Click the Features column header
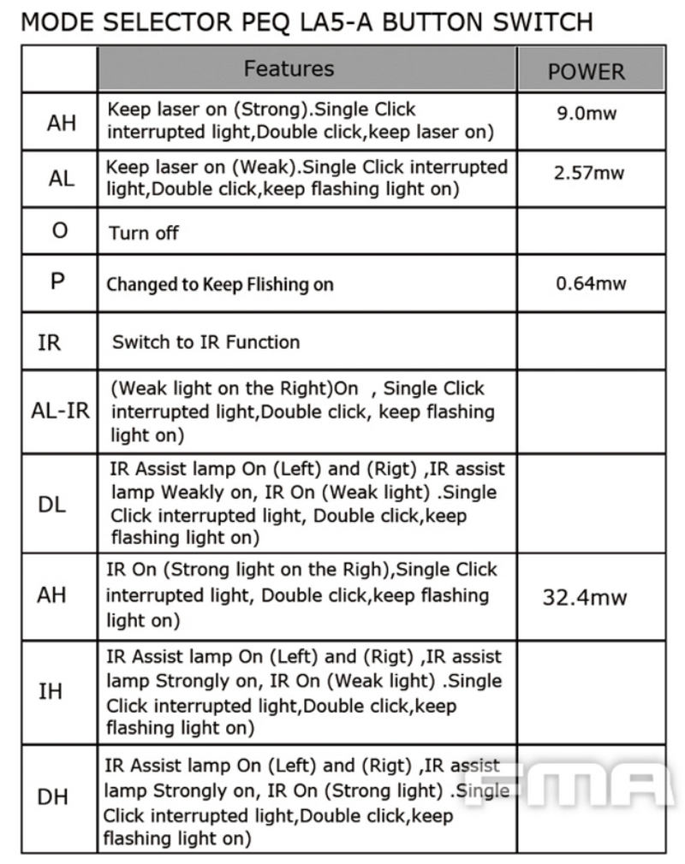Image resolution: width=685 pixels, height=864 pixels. (x=289, y=68)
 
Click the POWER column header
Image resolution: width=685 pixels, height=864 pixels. (x=587, y=72)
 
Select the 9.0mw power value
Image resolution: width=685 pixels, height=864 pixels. (x=587, y=113)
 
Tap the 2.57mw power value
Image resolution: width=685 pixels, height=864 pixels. (x=589, y=173)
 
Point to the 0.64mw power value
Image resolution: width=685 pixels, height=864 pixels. (x=591, y=283)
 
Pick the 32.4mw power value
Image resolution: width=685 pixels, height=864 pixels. (x=585, y=597)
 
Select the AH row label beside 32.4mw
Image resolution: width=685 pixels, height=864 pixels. (x=52, y=595)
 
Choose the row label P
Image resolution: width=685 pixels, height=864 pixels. (x=58, y=281)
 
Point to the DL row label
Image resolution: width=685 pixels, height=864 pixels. (x=52, y=504)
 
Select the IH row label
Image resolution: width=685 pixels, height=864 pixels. (x=51, y=691)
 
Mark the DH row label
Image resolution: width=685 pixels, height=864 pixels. (x=52, y=797)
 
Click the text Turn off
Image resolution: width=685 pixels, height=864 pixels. (x=144, y=234)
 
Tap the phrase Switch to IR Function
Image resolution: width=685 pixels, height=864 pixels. (x=206, y=342)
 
